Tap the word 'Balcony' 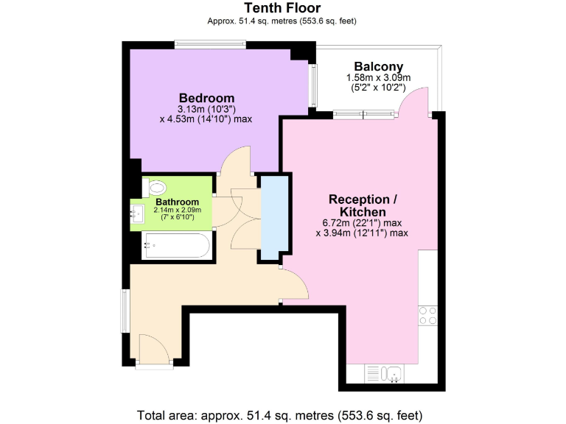click(x=378, y=66)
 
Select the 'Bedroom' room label click(x=206, y=98)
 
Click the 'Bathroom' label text click(x=177, y=202)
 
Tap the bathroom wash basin click(x=137, y=215)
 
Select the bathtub click(x=177, y=244)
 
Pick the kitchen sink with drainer click(x=383, y=373)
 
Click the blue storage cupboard click(x=270, y=219)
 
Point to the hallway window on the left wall click(x=126, y=310)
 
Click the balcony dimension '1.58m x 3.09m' click(x=378, y=78)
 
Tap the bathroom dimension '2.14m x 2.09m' click(x=177, y=210)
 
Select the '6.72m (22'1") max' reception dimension click(x=363, y=223)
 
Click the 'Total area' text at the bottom click(x=281, y=414)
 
